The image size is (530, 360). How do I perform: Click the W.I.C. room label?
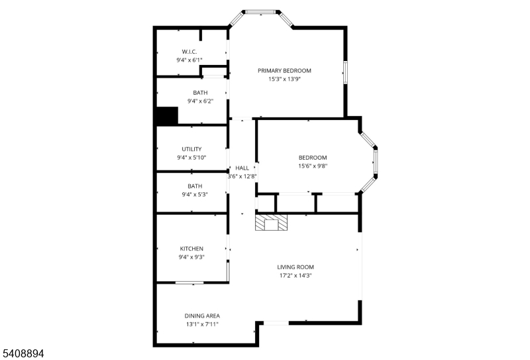pyautogui.click(x=189, y=52)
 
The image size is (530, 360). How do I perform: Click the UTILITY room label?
pyautogui.click(x=191, y=149)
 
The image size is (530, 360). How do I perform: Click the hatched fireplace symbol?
pyautogui.click(x=272, y=223)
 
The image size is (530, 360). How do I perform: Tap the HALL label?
pyautogui.click(x=242, y=168)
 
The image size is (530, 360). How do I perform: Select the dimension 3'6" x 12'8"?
pyautogui.click(x=242, y=176)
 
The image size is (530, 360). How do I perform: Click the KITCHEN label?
pyautogui.click(x=191, y=249)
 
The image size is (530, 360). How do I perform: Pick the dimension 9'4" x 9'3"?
pyautogui.click(x=191, y=257)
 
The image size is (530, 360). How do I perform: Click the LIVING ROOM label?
pyautogui.click(x=295, y=267)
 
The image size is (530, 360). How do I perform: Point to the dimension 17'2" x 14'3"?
pyautogui.click(x=295, y=276)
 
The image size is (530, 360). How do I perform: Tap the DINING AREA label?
pyautogui.click(x=202, y=316)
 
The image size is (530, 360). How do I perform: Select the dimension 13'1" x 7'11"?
pyautogui.click(x=202, y=324)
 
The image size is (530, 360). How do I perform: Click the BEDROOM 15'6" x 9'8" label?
pyautogui.click(x=313, y=158)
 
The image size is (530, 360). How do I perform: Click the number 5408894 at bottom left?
pyautogui.click(x=23, y=354)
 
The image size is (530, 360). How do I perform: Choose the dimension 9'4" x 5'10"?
pyautogui.click(x=191, y=158)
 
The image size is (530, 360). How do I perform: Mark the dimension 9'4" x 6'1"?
pyautogui.click(x=189, y=60)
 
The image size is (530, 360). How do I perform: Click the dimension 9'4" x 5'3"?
pyautogui.click(x=195, y=195)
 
